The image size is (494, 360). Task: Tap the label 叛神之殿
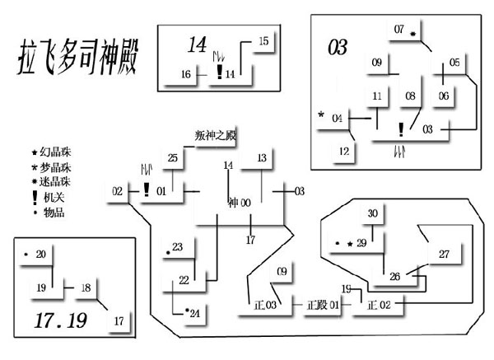[215, 134]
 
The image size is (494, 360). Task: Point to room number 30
[372, 214]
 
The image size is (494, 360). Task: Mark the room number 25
[172, 158]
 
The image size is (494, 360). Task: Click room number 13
[262, 158]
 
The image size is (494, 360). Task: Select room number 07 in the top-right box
[399, 30]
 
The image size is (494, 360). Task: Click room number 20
[41, 254]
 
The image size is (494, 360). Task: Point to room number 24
[194, 313]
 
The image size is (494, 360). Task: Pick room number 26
[394, 277]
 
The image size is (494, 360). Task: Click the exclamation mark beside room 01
[146, 189]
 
